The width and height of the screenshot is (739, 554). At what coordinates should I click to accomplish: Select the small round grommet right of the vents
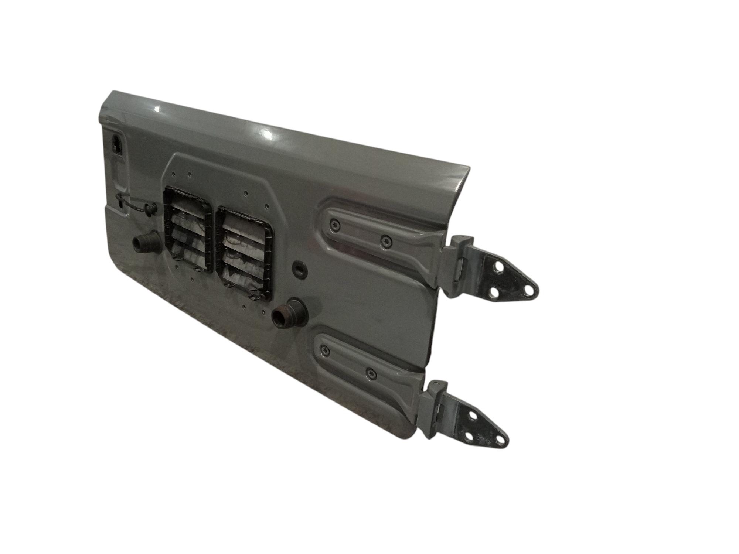(x=299, y=269)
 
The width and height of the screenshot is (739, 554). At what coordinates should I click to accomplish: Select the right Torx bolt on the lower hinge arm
(x=370, y=374)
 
